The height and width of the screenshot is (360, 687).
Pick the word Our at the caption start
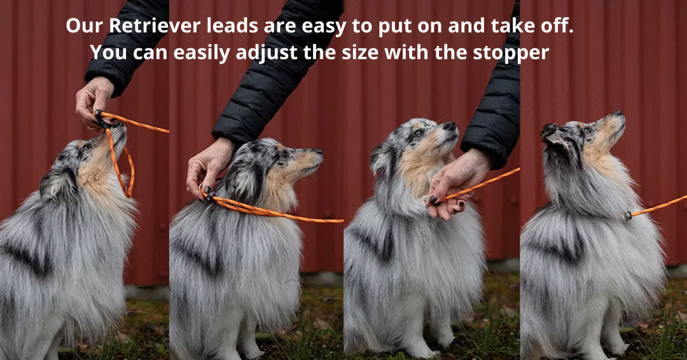(83, 27)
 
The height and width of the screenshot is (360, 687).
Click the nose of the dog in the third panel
(450, 126)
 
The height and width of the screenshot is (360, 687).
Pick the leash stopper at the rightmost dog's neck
(627, 216)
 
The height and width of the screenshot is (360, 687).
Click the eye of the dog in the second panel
(284, 154)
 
